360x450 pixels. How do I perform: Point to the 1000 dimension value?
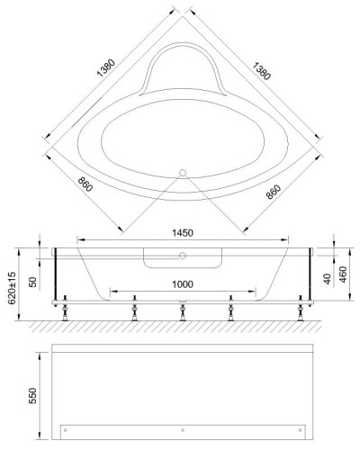tap(183, 285)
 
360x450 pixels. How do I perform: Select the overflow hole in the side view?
tap(182, 256)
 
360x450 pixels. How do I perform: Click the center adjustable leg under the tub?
tap(183, 310)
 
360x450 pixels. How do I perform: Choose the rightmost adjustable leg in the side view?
tap(301, 310)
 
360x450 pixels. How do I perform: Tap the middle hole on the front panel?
tap(183, 427)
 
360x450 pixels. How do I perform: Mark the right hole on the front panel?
tap(301, 427)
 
